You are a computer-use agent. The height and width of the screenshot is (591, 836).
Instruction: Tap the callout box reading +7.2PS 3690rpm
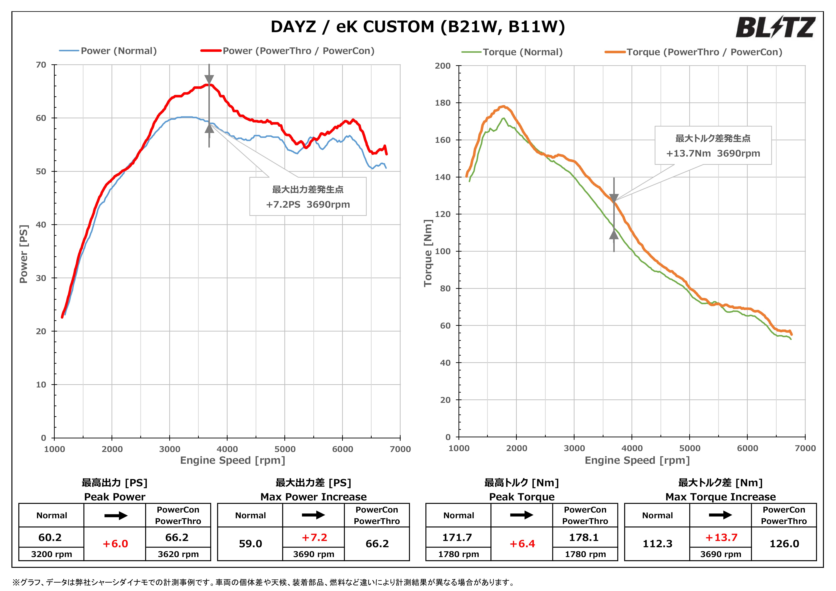point(308,197)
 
